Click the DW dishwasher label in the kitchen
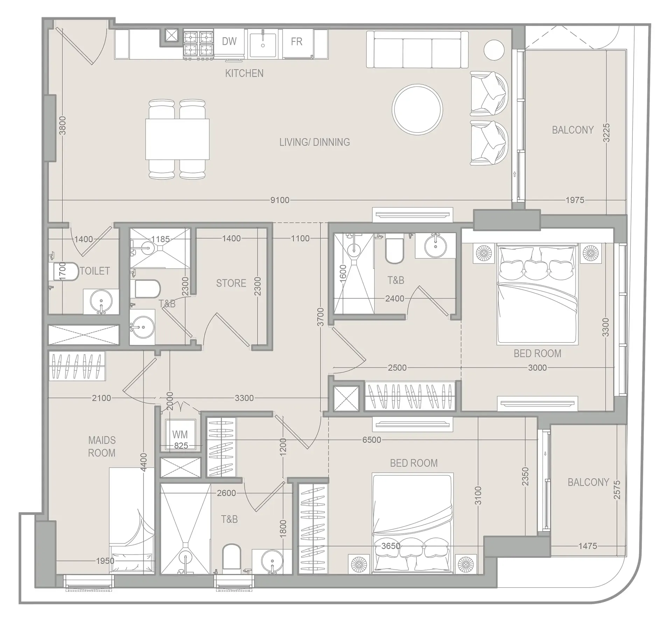[229, 41]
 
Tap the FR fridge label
[296, 42]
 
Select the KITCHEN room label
[244, 73]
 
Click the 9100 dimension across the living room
[280, 200]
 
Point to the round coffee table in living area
[417, 109]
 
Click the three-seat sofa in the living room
[417, 49]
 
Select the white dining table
[177, 139]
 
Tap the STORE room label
[231, 283]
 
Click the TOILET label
[95, 271]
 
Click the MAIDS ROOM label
[101, 446]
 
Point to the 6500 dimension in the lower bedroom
[371, 440]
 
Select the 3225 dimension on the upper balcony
[607, 132]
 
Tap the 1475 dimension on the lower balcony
[588, 546]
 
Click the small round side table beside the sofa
[494, 50]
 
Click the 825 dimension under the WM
[181, 445]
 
